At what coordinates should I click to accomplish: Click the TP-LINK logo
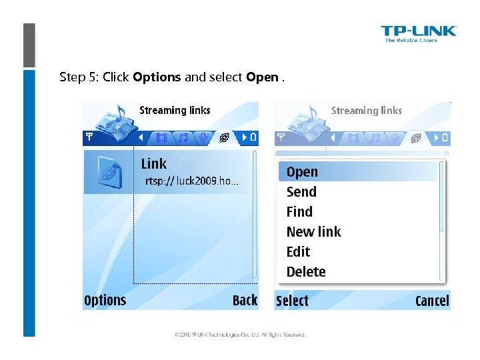point(418,33)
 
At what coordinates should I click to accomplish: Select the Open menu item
point(302,172)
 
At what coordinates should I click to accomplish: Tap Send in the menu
point(301,192)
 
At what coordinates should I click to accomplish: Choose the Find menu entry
point(299,212)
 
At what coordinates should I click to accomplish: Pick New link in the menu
point(313,232)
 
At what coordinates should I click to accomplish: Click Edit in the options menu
point(298,252)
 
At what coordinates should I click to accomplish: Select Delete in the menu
point(306,272)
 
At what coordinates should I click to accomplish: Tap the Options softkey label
point(105,301)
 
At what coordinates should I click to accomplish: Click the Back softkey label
point(245,301)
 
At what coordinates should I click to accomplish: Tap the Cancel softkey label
point(432,301)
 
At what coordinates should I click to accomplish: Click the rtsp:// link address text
point(192,181)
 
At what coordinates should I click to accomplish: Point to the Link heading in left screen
point(154,164)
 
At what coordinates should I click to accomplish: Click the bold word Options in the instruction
point(157,77)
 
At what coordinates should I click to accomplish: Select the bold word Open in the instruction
point(262,77)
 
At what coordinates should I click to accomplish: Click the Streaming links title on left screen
point(175,111)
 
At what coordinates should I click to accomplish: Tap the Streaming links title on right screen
point(367,111)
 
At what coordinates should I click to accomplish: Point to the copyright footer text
point(240,335)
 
